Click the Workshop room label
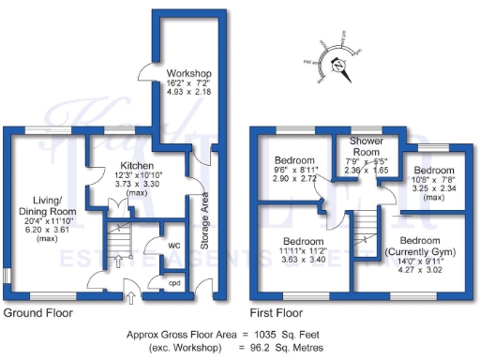tap(187, 73)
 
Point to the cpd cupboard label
tap(174, 280)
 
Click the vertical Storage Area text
tap(203, 222)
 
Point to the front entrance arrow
tap(130, 298)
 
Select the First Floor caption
tap(277, 313)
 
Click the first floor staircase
tap(365, 233)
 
